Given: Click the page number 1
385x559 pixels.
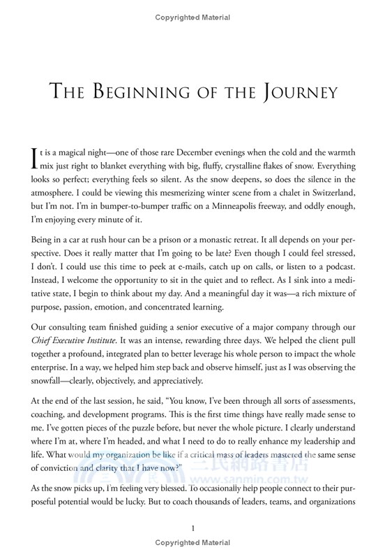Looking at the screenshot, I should click(x=192, y=529).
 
